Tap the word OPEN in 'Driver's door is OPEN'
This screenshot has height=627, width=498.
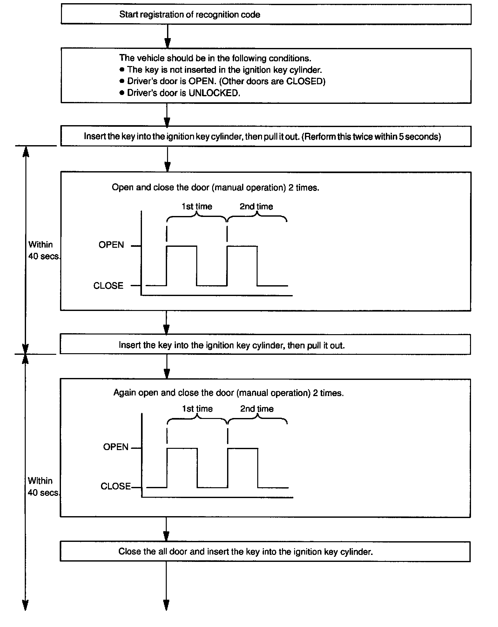click(x=202, y=81)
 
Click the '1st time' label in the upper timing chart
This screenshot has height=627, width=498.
click(x=197, y=207)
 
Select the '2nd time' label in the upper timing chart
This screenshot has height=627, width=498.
click(x=256, y=207)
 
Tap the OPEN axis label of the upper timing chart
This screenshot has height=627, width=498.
click(x=111, y=245)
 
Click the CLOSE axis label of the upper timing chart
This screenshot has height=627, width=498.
click(x=108, y=286)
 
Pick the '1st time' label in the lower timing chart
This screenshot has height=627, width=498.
click(x=197, y=409)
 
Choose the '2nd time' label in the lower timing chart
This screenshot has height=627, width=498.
click(x=257, y=409)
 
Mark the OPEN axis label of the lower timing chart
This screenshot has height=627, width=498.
click(x=116, y=447)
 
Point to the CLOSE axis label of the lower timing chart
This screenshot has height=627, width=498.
click(x=116, y=487)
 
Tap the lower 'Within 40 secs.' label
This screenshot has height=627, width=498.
click(x=43, y=487)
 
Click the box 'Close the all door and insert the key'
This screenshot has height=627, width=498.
click(x=265, y=552)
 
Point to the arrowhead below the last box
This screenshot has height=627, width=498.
click(x=166, y=604)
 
